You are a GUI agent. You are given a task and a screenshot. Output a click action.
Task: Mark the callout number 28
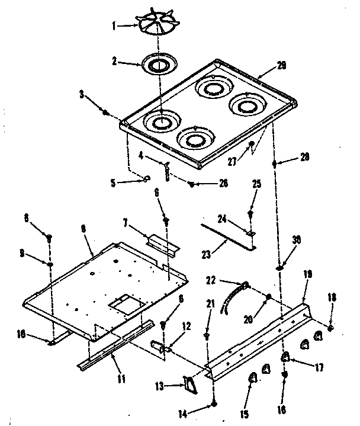pyautogui.click(x=305, y=156)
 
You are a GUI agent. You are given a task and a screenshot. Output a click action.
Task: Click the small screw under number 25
pyautogui.click(x=251, y=210)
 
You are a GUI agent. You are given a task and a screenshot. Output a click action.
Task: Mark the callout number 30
pyautogui.click(x=297, y=239)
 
